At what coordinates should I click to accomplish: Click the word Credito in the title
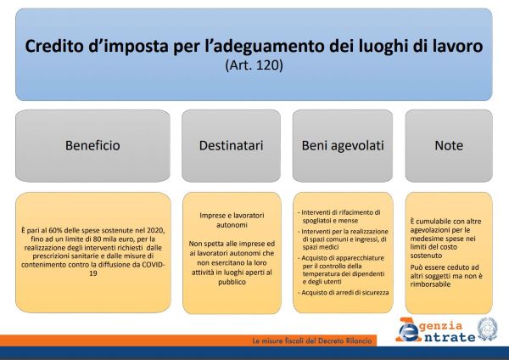pos(54,46)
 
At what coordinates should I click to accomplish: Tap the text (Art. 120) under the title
pos(254,65)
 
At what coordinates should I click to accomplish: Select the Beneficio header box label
pos(92,145)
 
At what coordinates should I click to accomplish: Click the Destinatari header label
pos(231,145)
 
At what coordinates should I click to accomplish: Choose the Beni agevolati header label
pos(343,145)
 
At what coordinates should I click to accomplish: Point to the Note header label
pos(449,145)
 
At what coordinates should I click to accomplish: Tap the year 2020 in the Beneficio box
pos(156,230)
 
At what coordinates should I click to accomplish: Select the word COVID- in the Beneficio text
pos(154,264)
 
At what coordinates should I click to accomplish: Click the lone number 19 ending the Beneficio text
pos(93,273)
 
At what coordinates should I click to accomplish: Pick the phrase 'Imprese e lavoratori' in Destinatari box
pos(232,216)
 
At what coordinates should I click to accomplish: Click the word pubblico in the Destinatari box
pos(232,282)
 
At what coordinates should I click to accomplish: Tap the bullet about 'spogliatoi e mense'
pos(338,217)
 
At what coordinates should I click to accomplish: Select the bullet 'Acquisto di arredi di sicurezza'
pos(343,292)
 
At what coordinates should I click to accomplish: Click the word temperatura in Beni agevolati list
pos(322,274)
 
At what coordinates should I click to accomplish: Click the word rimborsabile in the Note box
pos(430,284)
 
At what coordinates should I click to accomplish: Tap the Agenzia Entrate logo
pos(435,330)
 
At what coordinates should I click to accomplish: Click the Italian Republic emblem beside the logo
pos(487,329)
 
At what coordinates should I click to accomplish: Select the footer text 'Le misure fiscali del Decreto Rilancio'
pos(312,340)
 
